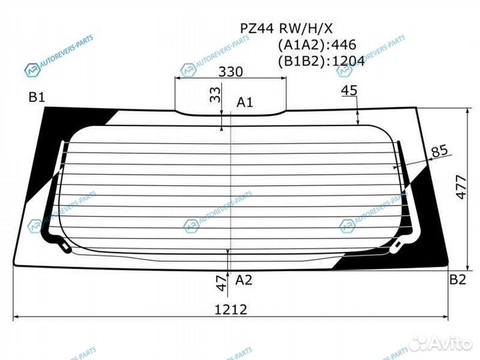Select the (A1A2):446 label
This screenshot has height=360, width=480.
coord(316,45)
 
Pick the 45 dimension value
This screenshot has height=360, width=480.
coord(349,91)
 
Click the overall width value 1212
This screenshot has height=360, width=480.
coord(231,309)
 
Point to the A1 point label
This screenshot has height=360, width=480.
coord(245,102)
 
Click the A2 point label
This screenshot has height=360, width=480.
coord(244,280)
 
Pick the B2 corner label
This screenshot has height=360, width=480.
coord(457,279)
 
